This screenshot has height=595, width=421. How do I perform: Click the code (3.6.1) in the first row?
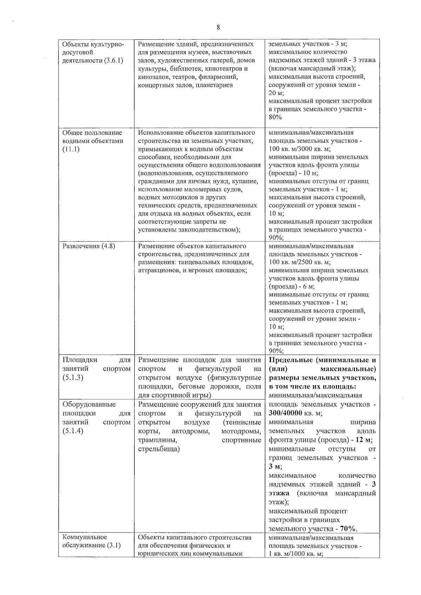pos(113,60)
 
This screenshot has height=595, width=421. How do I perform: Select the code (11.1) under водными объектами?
pos(71,149)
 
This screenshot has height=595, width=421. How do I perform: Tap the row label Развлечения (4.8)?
pos(89,246)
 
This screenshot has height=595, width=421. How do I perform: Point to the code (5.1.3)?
pos(73,378)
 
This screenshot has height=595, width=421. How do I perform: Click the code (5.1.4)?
pos(73,431)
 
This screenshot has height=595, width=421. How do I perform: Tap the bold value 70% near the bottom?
pos(348,529)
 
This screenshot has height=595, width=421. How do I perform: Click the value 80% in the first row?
pos(275,117)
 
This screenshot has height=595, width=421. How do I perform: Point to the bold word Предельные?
pos(291,360)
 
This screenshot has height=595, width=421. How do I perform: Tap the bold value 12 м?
pos(363,440)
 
